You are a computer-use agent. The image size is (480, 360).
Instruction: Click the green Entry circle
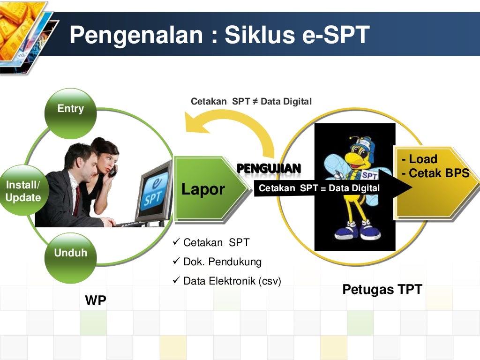coord(70,112)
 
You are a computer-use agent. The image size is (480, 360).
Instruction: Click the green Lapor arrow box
coord(206,189)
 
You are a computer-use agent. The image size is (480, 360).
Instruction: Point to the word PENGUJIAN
coord(269,168)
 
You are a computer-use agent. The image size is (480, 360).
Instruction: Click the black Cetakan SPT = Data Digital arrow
coord(328,188)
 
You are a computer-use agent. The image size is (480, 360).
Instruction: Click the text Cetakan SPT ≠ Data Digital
coord(251,102)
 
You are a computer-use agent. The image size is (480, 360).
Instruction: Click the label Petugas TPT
coord(382,289)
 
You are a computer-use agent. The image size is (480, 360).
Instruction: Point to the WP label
coord(96,301)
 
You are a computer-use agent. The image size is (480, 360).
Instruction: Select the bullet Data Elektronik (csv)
coord(232,281)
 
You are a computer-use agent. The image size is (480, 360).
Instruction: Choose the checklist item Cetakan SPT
coord(216,243)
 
